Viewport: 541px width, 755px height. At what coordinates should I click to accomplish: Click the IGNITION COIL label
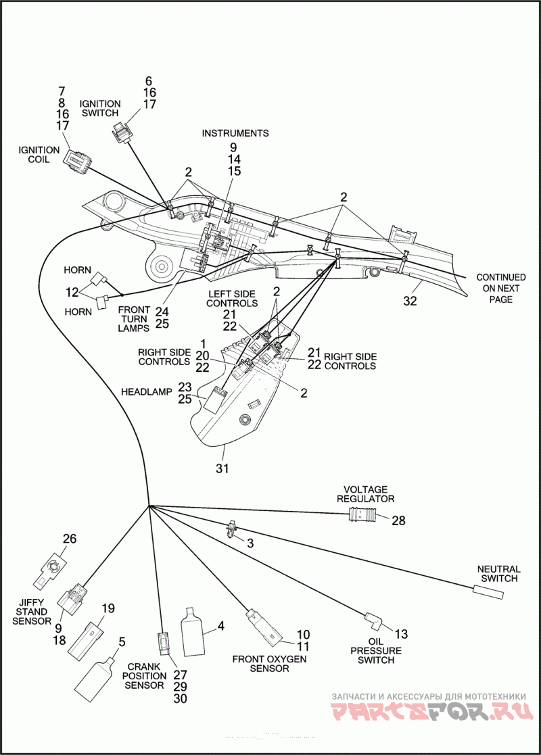[39, 155]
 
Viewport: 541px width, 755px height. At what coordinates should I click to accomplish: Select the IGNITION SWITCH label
[99, 108]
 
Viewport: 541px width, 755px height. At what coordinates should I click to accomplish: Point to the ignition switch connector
[122, 132]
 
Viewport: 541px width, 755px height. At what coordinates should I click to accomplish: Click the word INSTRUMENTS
[235, 133]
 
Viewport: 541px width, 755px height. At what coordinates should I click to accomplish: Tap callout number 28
[398, 520]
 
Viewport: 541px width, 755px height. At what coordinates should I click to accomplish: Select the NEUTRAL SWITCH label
[498, 573]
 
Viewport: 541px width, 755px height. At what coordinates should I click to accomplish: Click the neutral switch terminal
[488, 592]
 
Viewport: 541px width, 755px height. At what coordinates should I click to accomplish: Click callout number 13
[401, 634]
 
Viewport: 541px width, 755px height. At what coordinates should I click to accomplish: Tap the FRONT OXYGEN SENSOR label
[269, 664]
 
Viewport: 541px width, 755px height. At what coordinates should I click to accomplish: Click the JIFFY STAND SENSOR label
[32, 612]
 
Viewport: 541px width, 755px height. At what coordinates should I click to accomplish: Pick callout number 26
[70, 538]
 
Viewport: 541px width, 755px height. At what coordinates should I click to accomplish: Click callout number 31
[222, 468]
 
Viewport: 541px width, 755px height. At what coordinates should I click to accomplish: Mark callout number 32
[410, 301]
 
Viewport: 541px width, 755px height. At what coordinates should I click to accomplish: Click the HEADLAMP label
[147, 392]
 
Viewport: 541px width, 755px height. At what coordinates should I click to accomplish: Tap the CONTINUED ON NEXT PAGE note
[501, 288]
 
